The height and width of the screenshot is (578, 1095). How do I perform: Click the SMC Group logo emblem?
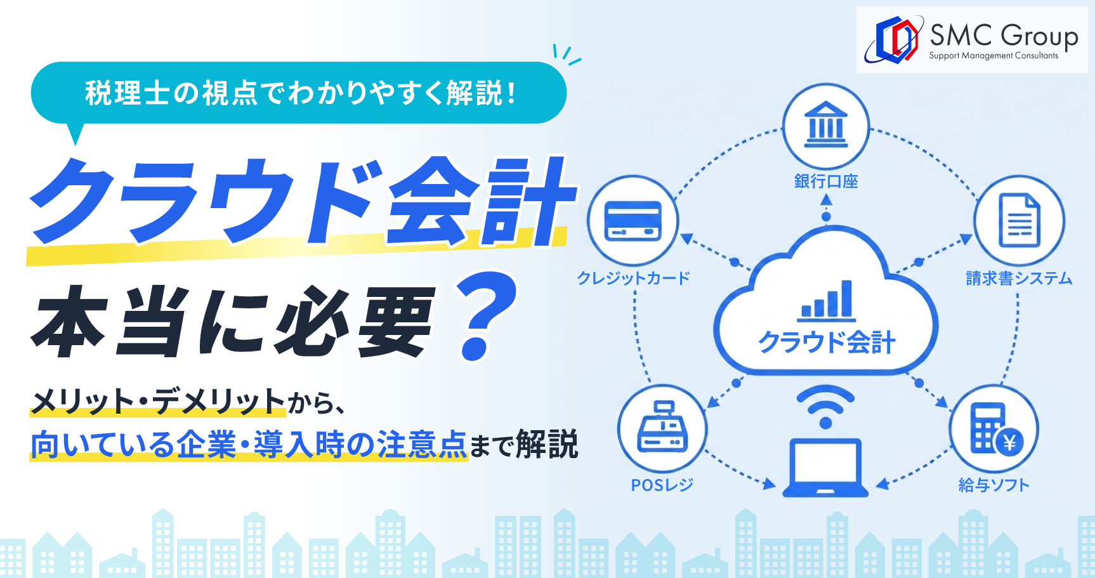[x=893, y=39]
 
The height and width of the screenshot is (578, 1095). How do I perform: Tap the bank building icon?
[x=825, y=124]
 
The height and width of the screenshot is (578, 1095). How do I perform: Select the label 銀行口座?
[x=826, y=181]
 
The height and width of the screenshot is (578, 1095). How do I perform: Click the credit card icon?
[x=633, y=221]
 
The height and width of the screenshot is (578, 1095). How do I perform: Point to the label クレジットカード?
[x=633, y=278]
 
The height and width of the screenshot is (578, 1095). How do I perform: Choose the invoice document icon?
[x=1020, y=220]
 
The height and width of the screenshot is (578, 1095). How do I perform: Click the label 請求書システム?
[x=1019, y=278]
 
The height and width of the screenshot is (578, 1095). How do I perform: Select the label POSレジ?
[x=662, y=485]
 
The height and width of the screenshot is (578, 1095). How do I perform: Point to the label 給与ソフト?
[x=993, y=485]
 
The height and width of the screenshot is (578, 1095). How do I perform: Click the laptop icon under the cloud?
[x=825, y=468]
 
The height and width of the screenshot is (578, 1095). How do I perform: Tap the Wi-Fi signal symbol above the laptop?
[x=825, y=407]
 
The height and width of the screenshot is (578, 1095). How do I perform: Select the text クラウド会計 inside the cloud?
[x=827, y=343]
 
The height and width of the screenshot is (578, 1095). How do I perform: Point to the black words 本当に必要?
[x=233, y=320]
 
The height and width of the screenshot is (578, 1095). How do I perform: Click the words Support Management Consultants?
[x=993, y=56]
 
